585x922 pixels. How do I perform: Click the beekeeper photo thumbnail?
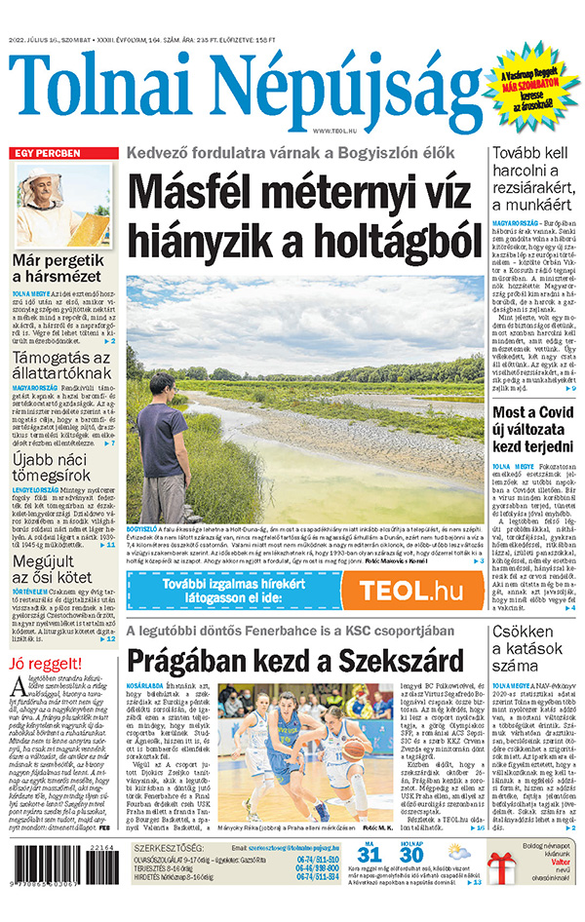(63, 205)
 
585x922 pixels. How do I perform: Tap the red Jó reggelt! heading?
(43, 665)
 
